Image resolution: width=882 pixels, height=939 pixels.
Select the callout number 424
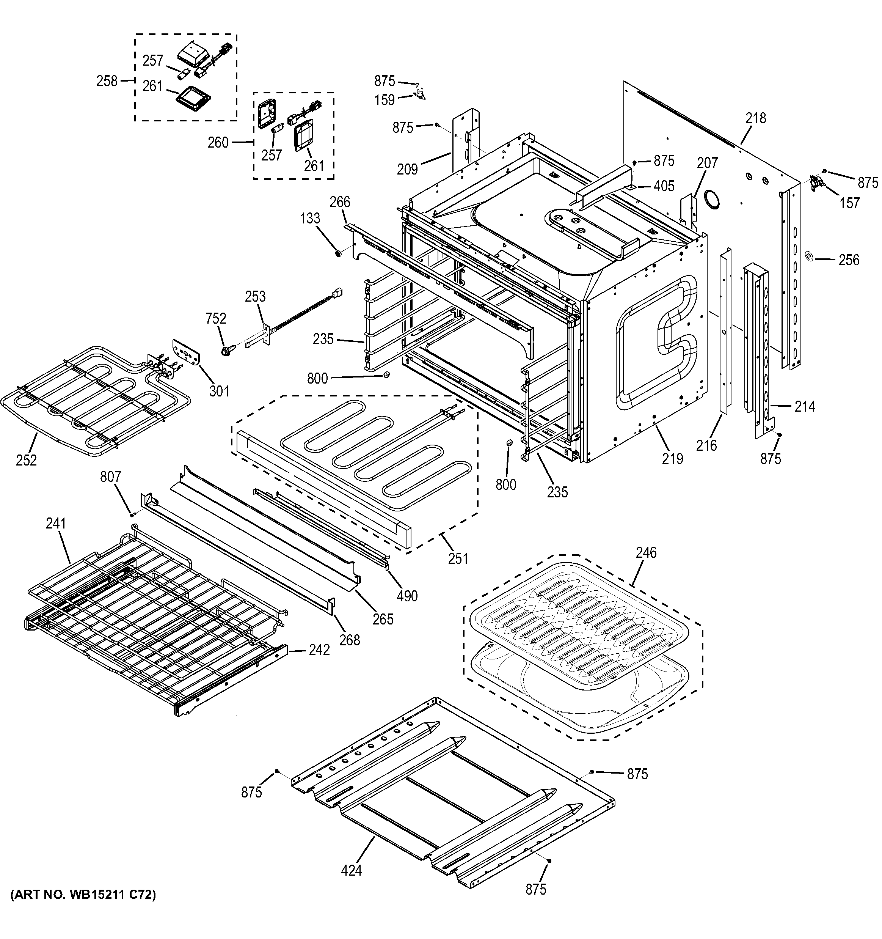(x=351, y=870)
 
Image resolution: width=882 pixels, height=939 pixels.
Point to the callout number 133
(x=310, y=218)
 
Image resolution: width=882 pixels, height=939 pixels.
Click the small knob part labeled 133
(x=338, y=254)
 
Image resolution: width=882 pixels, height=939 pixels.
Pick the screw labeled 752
(x=225, y=351)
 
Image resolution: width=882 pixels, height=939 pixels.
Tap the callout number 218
(x=755, y=118)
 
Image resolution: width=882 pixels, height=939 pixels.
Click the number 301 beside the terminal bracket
(x=219, y=391)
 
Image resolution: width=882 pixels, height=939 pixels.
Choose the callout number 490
(x=407, y=596)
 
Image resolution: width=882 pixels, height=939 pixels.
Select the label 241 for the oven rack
(x=56, y=523)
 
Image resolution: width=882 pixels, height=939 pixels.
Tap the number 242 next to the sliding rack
(x=319, y=650)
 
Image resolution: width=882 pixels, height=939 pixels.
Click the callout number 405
(x=664, y=186)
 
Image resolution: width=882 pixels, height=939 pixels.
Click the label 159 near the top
(x=385, y=100)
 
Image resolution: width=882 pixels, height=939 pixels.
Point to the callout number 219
(x=672, y=458)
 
